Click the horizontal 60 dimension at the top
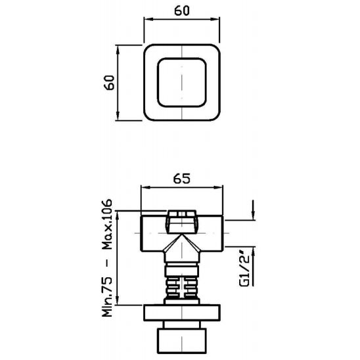tap(182, 11)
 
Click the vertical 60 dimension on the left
tap(109, 83)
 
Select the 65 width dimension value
tap(182, 179)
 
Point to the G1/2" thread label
tap(244, 270)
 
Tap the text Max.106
tap(107, 224)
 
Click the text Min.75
tap(107, 297)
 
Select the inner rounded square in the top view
tap(182, 83)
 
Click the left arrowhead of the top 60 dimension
tap(148, 19)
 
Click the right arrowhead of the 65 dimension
tap(219, 187)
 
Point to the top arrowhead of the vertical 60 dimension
tap(118, 49)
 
